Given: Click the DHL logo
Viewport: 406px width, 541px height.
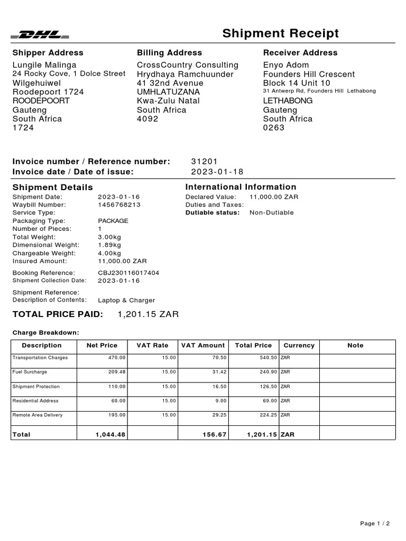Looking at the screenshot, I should pyautogui.click(x=40, y=35).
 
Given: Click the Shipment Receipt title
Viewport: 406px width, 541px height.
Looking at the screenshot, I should pyautogui.click(x=280, y=34).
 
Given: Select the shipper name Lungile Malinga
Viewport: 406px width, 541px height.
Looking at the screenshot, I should pyautogui.click(x=44, y=65).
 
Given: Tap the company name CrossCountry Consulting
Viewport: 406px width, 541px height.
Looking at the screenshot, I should pyautogui.click(x=188, y=65).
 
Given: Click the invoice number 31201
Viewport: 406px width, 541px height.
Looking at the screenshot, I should pyautogui.click(x=204, y=161).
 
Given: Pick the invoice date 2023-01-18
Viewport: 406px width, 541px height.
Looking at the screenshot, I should pyautogui.click(x=217, y=172).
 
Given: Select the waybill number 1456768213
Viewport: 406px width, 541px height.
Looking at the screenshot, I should pyautogui.click(x=119, y=204).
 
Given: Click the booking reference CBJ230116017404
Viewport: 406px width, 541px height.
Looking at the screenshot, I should pyautogui.click(x=128, y=273).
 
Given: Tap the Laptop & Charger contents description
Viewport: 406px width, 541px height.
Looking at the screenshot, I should pyautogui.click(x=126, y=300).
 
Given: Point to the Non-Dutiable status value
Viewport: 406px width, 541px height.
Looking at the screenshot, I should pyautogui.click(x=271, y=212).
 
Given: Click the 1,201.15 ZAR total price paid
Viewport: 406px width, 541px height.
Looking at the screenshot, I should pyautogui.click(x=148, y=314).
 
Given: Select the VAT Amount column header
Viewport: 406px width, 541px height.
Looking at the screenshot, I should pyautogui.click(x=203, y=346).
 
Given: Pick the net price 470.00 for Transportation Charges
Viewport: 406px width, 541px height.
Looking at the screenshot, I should pyautogui.click(x=117, y=358).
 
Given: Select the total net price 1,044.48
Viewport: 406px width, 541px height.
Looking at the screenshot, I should pyautogui.click(x=110, y=434).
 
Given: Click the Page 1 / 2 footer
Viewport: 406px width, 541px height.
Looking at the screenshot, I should pyautogui.click(x=375, y=524).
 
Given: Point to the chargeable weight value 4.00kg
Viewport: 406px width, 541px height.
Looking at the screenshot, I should pyautogui.click(x=109, y=253).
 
